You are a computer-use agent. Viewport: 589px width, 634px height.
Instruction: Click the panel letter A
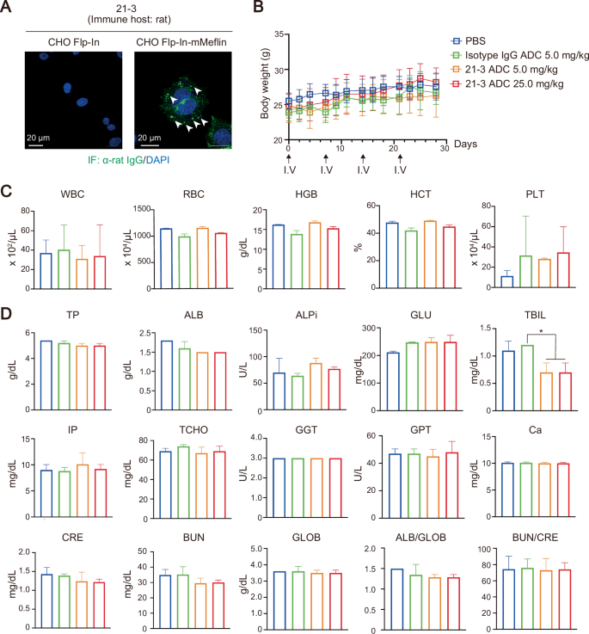[8, 8]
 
